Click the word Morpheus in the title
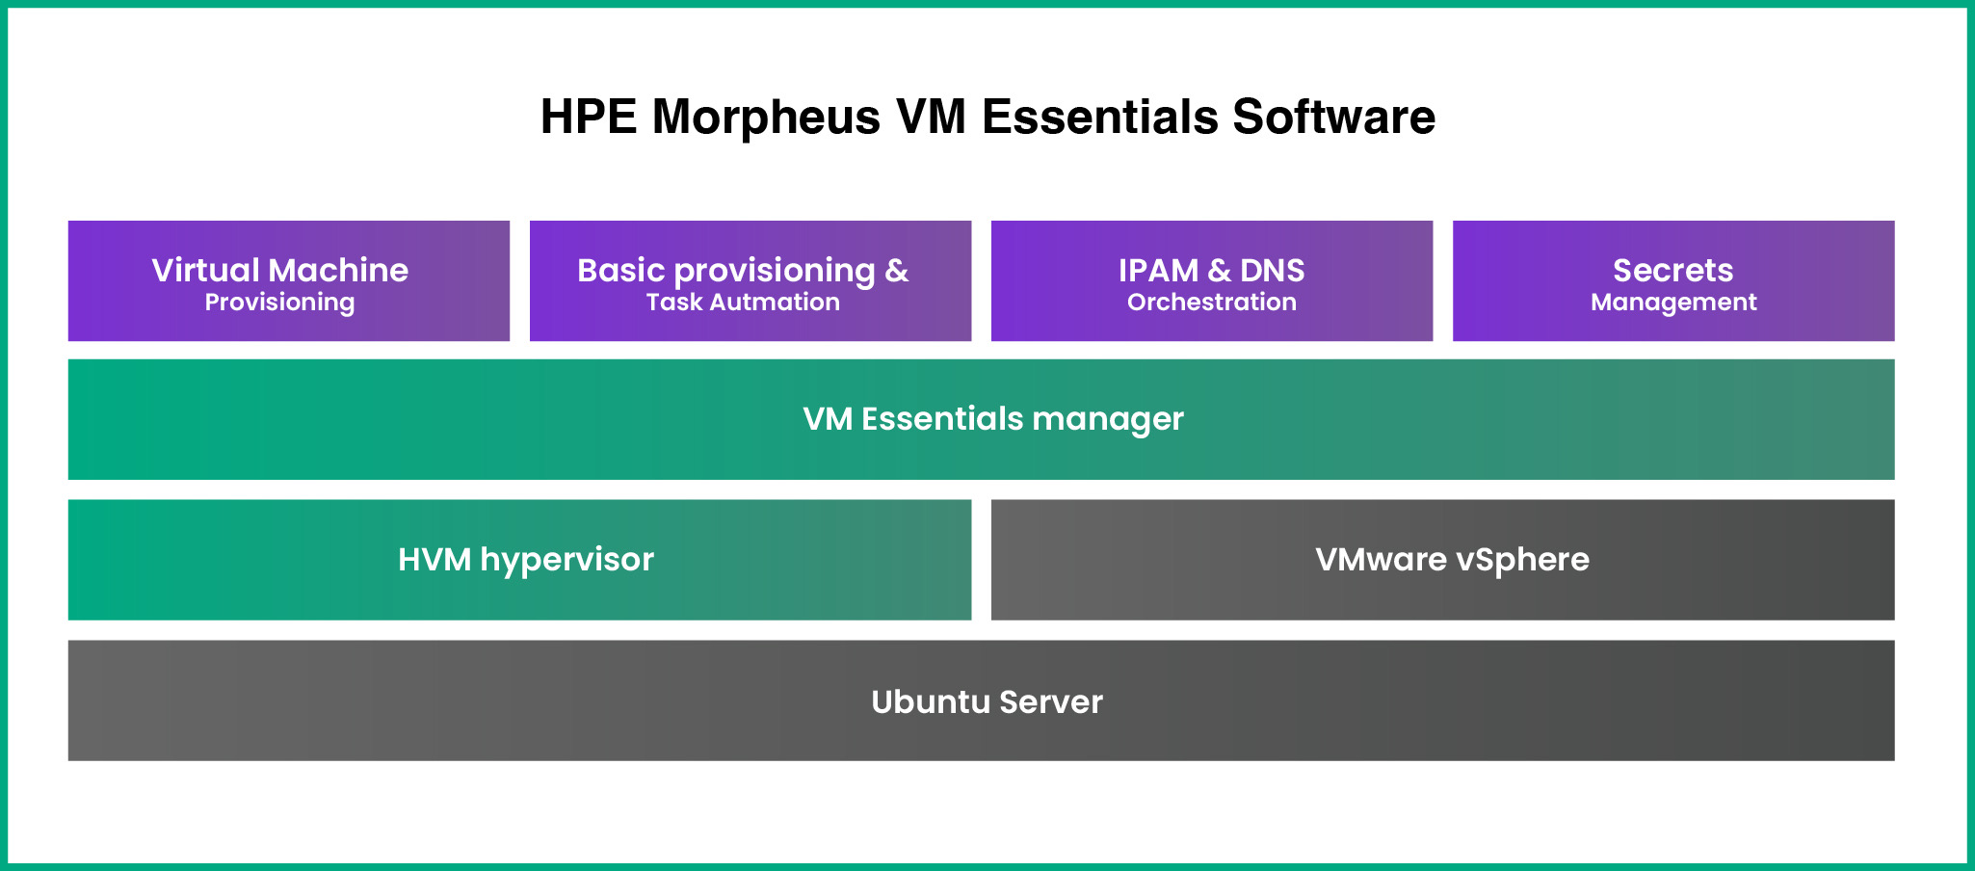pyautogui.click(x=766, y=118)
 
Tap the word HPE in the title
pyautogui.click(x=589, y=117)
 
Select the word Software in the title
pyautogui.click(x=1334, y=117)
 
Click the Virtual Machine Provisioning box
pyautogui.click(x=289, y=280)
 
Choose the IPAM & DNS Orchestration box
pyautogui.click(x=1212, y=280)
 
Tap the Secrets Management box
pyautogui.click(x=1673, y=280)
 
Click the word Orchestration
pyautogui.click(x=1212, y=302)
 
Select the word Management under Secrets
pyautogui.click(x=1673, y=303)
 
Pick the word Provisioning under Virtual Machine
pyautogui.click(x=279, y=303)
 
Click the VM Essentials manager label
pyautogui.click(x=993, y=419)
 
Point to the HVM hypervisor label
pyautogui.click(x=526, y=560)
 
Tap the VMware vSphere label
pyautogui.click(x=1452, y=560)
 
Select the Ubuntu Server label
pyautogui.click(x=987, y=701)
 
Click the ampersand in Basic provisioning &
pyautogui.click(x=897, y=270)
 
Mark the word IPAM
pyautogui.click(x=1158, y=270)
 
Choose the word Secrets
pyautogui.click(x=1673, y=270)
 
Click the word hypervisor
pyautogui.click(x=567, y=561)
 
